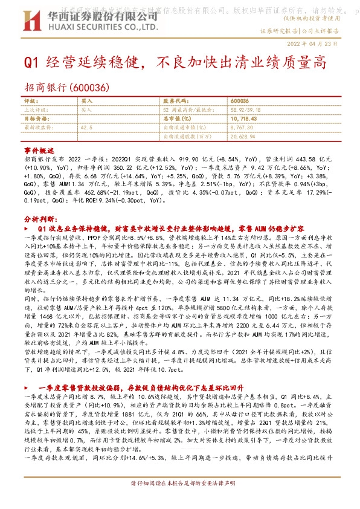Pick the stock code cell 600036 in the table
[240, 102]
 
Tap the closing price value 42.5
[86, 128]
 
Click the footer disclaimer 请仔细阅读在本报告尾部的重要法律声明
[179, 501]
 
